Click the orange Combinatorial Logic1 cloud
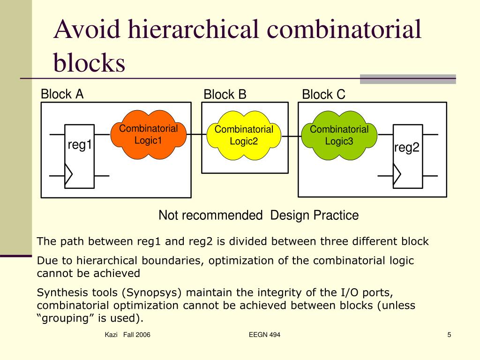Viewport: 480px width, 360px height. point(148,135)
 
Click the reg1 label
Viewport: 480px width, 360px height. point(79,145)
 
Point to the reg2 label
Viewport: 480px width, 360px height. point(406,148)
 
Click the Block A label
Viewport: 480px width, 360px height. point(62,94)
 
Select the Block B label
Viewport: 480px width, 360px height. point(225,95)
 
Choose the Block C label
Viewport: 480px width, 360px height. point(323,95)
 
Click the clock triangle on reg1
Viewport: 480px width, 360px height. point(69,176)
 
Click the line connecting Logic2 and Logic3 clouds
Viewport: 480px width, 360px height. point(292,136)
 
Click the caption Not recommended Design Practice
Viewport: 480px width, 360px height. point(258,216)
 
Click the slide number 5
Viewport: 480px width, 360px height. point(449,335)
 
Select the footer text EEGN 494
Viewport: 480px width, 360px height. point(265,335)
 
